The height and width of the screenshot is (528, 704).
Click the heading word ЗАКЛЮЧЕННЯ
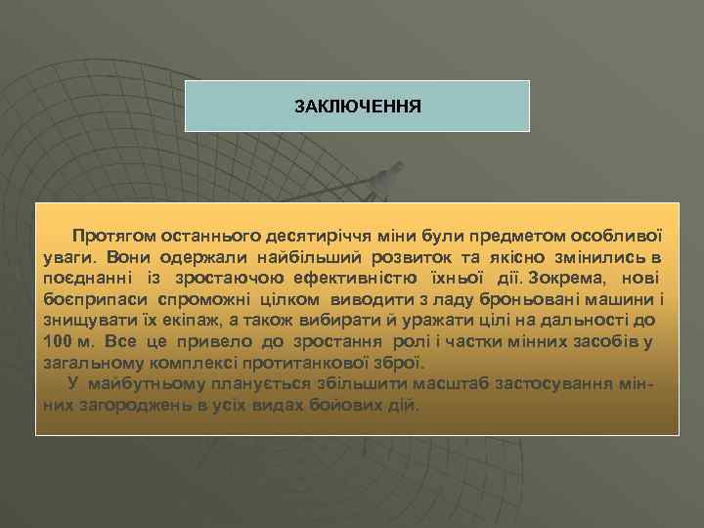click(x=358, y=105)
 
